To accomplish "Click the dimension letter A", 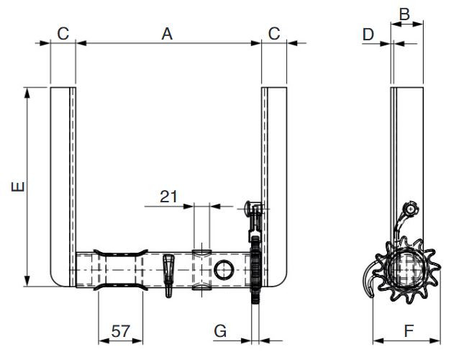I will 168,33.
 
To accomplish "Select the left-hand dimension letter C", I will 63,33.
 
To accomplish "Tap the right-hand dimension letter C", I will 274,33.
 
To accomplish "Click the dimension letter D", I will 368,33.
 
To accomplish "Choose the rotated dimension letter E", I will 19,186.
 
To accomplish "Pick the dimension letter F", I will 408,331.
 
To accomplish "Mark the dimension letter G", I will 221,331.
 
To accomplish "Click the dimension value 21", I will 168,195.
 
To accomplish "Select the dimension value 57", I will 120,331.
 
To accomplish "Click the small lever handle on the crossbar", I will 169,270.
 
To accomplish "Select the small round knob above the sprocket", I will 410,209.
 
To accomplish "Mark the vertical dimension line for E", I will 27,186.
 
